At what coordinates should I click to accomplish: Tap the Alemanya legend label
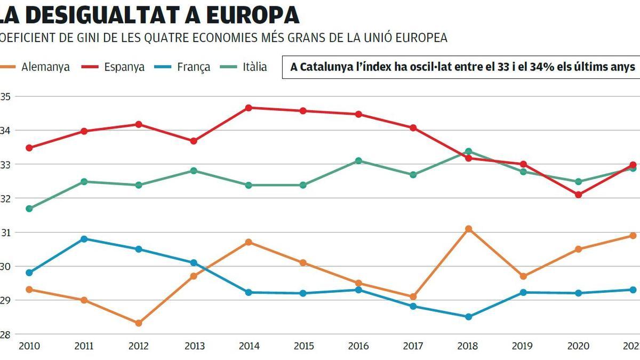(x=46, y=67)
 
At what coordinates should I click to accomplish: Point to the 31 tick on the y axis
(x=6, y=233)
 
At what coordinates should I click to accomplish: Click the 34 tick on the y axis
(x=6, y=131)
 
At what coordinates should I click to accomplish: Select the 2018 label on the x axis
(x=468, y=346)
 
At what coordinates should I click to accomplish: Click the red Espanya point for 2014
(x=249, y=108)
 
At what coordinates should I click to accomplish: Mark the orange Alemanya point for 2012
(x=139, y=323)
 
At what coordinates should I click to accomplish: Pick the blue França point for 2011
(x=84, y=239)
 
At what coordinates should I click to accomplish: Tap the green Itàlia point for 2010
(x=29, y=209)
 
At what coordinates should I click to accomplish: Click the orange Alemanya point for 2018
(x=468, y=229)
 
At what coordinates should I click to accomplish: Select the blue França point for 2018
(x=468, y=317)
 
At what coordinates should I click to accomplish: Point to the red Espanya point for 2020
(x=578, y=195)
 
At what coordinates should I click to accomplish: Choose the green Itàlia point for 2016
(x=358, y=161)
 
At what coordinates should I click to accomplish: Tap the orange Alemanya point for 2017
(x=413, y=297)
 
